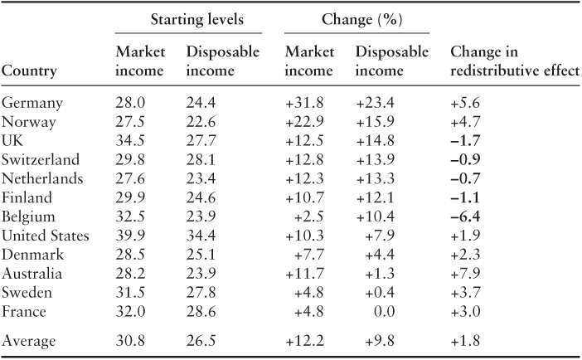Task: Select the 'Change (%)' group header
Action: click(356, 18)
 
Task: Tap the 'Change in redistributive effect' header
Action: click(512, 63)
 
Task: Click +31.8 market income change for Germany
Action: click(304, 103)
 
